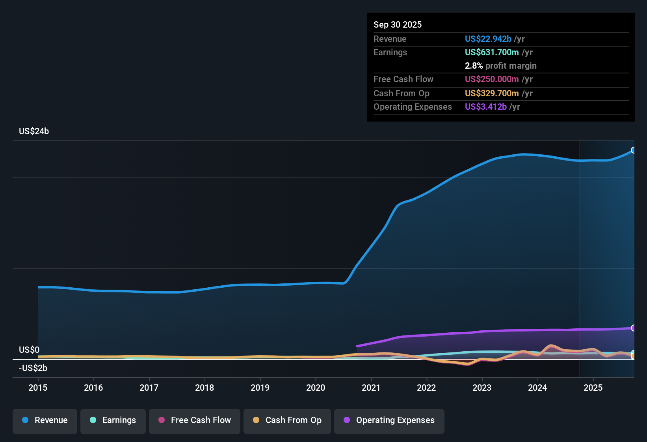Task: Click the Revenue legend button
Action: click(45, 420)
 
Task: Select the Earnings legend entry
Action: click(113, 420)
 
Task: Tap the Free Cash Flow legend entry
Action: click(194, 420)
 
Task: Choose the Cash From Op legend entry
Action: click(287, 420)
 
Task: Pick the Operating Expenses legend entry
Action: click(389, 420)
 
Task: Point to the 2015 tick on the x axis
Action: click(38, 388)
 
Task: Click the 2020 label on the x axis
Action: click(316, 388)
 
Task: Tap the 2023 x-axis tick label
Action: click(482, 388)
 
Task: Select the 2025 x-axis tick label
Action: click(593, 388)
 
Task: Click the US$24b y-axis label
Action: click(34, 131)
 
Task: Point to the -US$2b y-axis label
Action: click(33, 368)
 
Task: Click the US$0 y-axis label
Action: click(29, 350)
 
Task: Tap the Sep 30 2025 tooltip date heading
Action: click(398, 25)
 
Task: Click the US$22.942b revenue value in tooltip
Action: click(488, 39)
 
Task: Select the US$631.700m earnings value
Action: click(491, 52)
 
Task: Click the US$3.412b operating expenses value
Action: click(485, 107)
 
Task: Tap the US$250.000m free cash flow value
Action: click(491, 79)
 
